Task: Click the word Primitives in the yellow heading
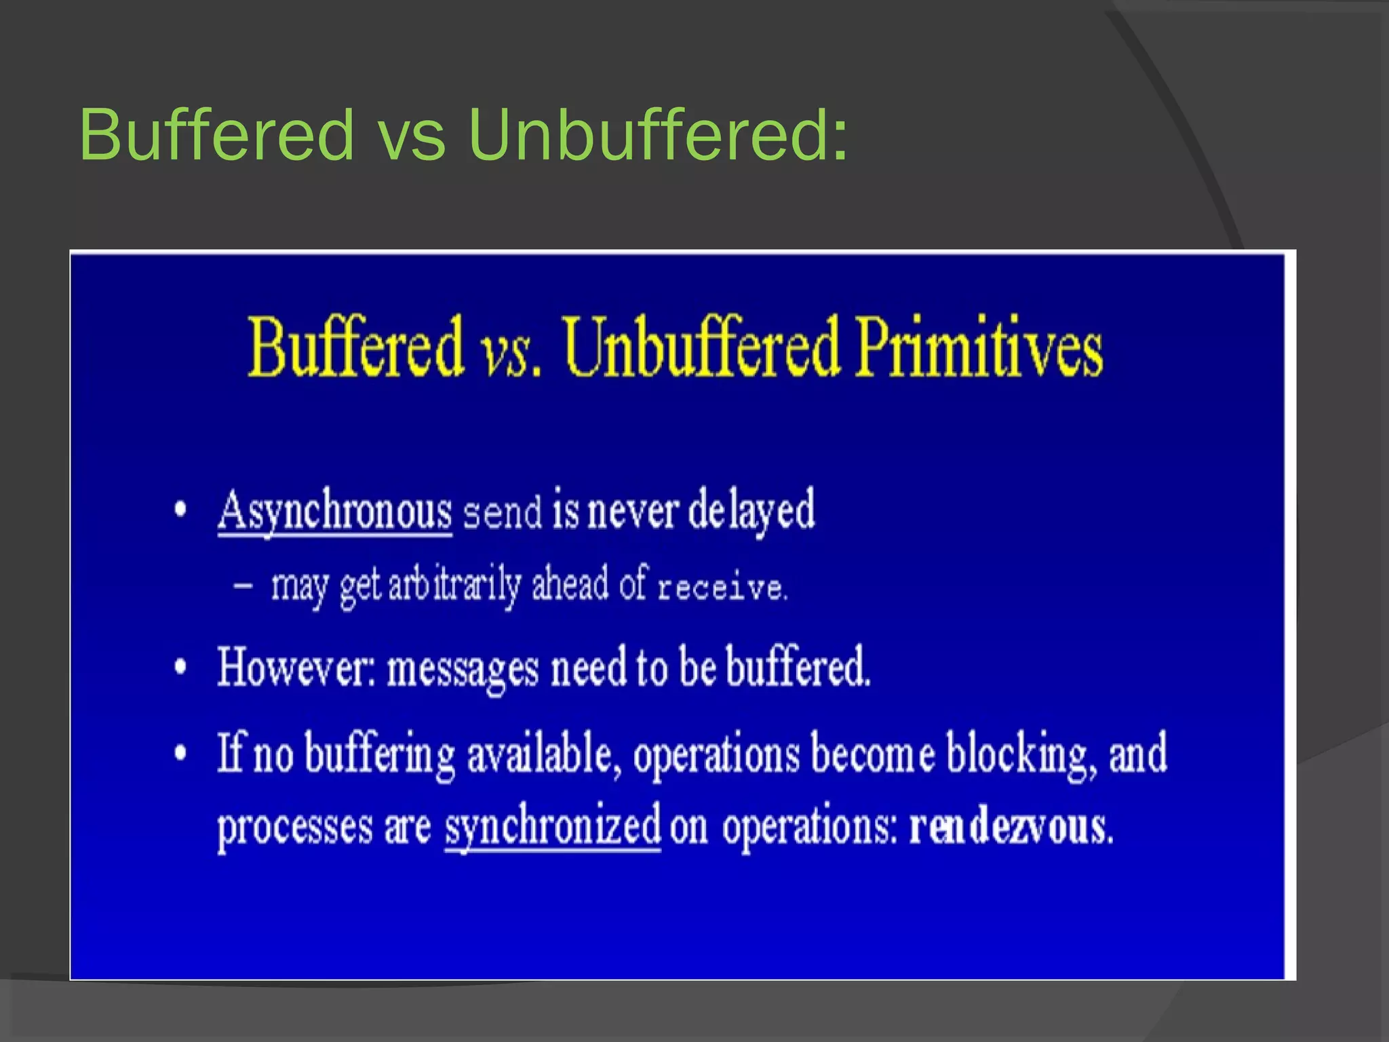coord(978,347)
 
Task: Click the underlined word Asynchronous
coord(335,511)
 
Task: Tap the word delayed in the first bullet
coord(751,511)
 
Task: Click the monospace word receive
coord(721,587)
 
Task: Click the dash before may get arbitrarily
coord(243,585)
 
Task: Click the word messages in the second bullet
coord(463,670)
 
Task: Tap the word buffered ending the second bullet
coord(798,667)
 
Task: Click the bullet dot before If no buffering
coord(180,753)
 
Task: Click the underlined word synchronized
coord(552,827)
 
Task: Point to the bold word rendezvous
coord(1011,827)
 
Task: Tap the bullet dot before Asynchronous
coord(180,509)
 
